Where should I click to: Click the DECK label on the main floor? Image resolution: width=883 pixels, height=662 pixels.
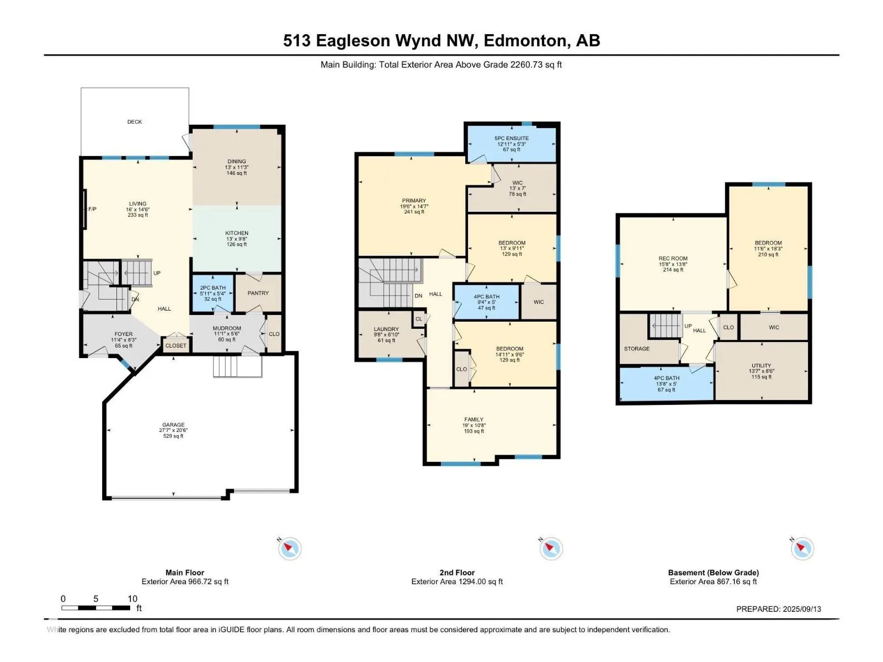point(134,122)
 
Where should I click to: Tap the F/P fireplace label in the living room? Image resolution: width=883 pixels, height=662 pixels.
point(92,209)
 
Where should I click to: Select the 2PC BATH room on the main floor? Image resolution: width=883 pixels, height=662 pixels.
point(213,293)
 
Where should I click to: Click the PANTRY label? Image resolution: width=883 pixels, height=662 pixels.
point(258,293)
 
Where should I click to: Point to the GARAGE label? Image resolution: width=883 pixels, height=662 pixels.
point(173,424)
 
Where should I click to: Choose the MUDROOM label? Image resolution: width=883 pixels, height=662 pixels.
point(227,328)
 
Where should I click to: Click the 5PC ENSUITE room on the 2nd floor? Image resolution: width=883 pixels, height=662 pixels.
point(512,143)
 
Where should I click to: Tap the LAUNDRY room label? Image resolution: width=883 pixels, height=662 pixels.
point(386,329)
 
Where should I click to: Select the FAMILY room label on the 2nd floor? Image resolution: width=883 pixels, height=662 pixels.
point(474,419)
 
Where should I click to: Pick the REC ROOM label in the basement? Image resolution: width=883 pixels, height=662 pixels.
point(673,258)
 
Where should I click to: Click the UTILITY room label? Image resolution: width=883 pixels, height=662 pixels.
point(762,366)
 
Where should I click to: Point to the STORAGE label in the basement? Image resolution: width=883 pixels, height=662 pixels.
point(637,349)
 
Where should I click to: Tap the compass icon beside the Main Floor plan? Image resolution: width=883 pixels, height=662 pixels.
point(289,548)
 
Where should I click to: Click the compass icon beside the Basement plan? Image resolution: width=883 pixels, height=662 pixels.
point(802,548)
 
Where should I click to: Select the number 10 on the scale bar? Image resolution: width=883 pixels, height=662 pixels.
point(132,599)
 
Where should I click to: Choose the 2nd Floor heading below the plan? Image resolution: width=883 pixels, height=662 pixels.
point(457,573)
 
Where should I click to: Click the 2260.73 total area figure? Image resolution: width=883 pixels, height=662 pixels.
point(526,65)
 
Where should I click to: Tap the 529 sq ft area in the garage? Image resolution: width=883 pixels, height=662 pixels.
point(173,436)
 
